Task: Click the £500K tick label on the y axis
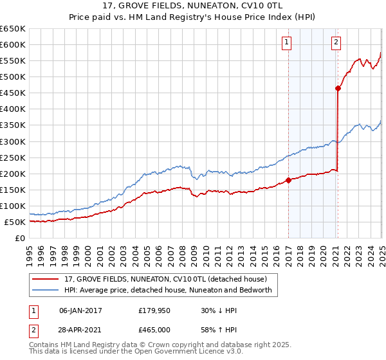pyautogui.click(x=13, y=76)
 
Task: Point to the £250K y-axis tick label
pyautogui.click(x=13, y=157)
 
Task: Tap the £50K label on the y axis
pyautogui.click(x=15, y=222)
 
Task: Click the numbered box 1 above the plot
pyautogui.click(x=286, y=43)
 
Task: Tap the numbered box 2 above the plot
pyautogui.click(x=336, y=43)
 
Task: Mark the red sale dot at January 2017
pyautogui.click(x=288, y=180)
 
